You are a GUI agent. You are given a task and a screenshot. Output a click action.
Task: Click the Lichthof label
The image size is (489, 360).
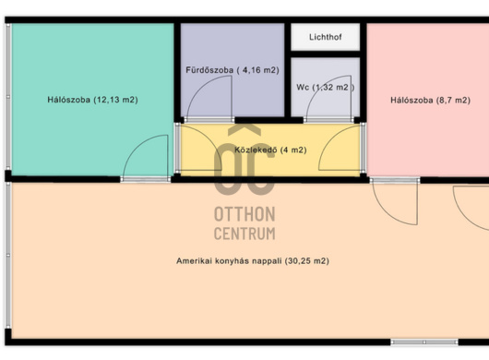326,37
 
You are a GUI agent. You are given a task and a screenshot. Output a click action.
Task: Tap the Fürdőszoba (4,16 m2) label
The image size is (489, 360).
233,70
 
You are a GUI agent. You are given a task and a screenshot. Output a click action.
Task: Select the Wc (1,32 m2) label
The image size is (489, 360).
326,88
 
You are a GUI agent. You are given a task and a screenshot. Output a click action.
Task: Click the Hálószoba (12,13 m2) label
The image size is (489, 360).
92,100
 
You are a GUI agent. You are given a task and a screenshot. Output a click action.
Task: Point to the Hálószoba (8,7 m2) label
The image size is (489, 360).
430,100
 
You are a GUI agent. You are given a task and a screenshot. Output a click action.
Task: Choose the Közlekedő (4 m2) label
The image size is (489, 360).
270,150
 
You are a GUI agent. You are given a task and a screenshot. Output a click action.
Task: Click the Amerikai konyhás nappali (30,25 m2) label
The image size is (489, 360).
253,261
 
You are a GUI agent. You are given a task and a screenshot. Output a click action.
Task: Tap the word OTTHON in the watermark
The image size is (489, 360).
244,214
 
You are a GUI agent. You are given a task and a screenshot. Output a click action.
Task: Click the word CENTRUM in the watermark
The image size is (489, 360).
244,234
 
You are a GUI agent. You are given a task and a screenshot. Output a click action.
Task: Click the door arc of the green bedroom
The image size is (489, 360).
136,145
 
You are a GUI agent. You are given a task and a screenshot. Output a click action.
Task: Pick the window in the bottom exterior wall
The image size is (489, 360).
424,342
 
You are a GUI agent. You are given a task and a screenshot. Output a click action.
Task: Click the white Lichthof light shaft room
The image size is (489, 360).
326,37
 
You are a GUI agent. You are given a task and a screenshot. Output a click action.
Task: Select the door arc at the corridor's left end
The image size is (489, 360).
209,139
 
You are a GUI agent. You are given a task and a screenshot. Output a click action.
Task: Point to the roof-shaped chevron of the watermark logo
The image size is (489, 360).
244,130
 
